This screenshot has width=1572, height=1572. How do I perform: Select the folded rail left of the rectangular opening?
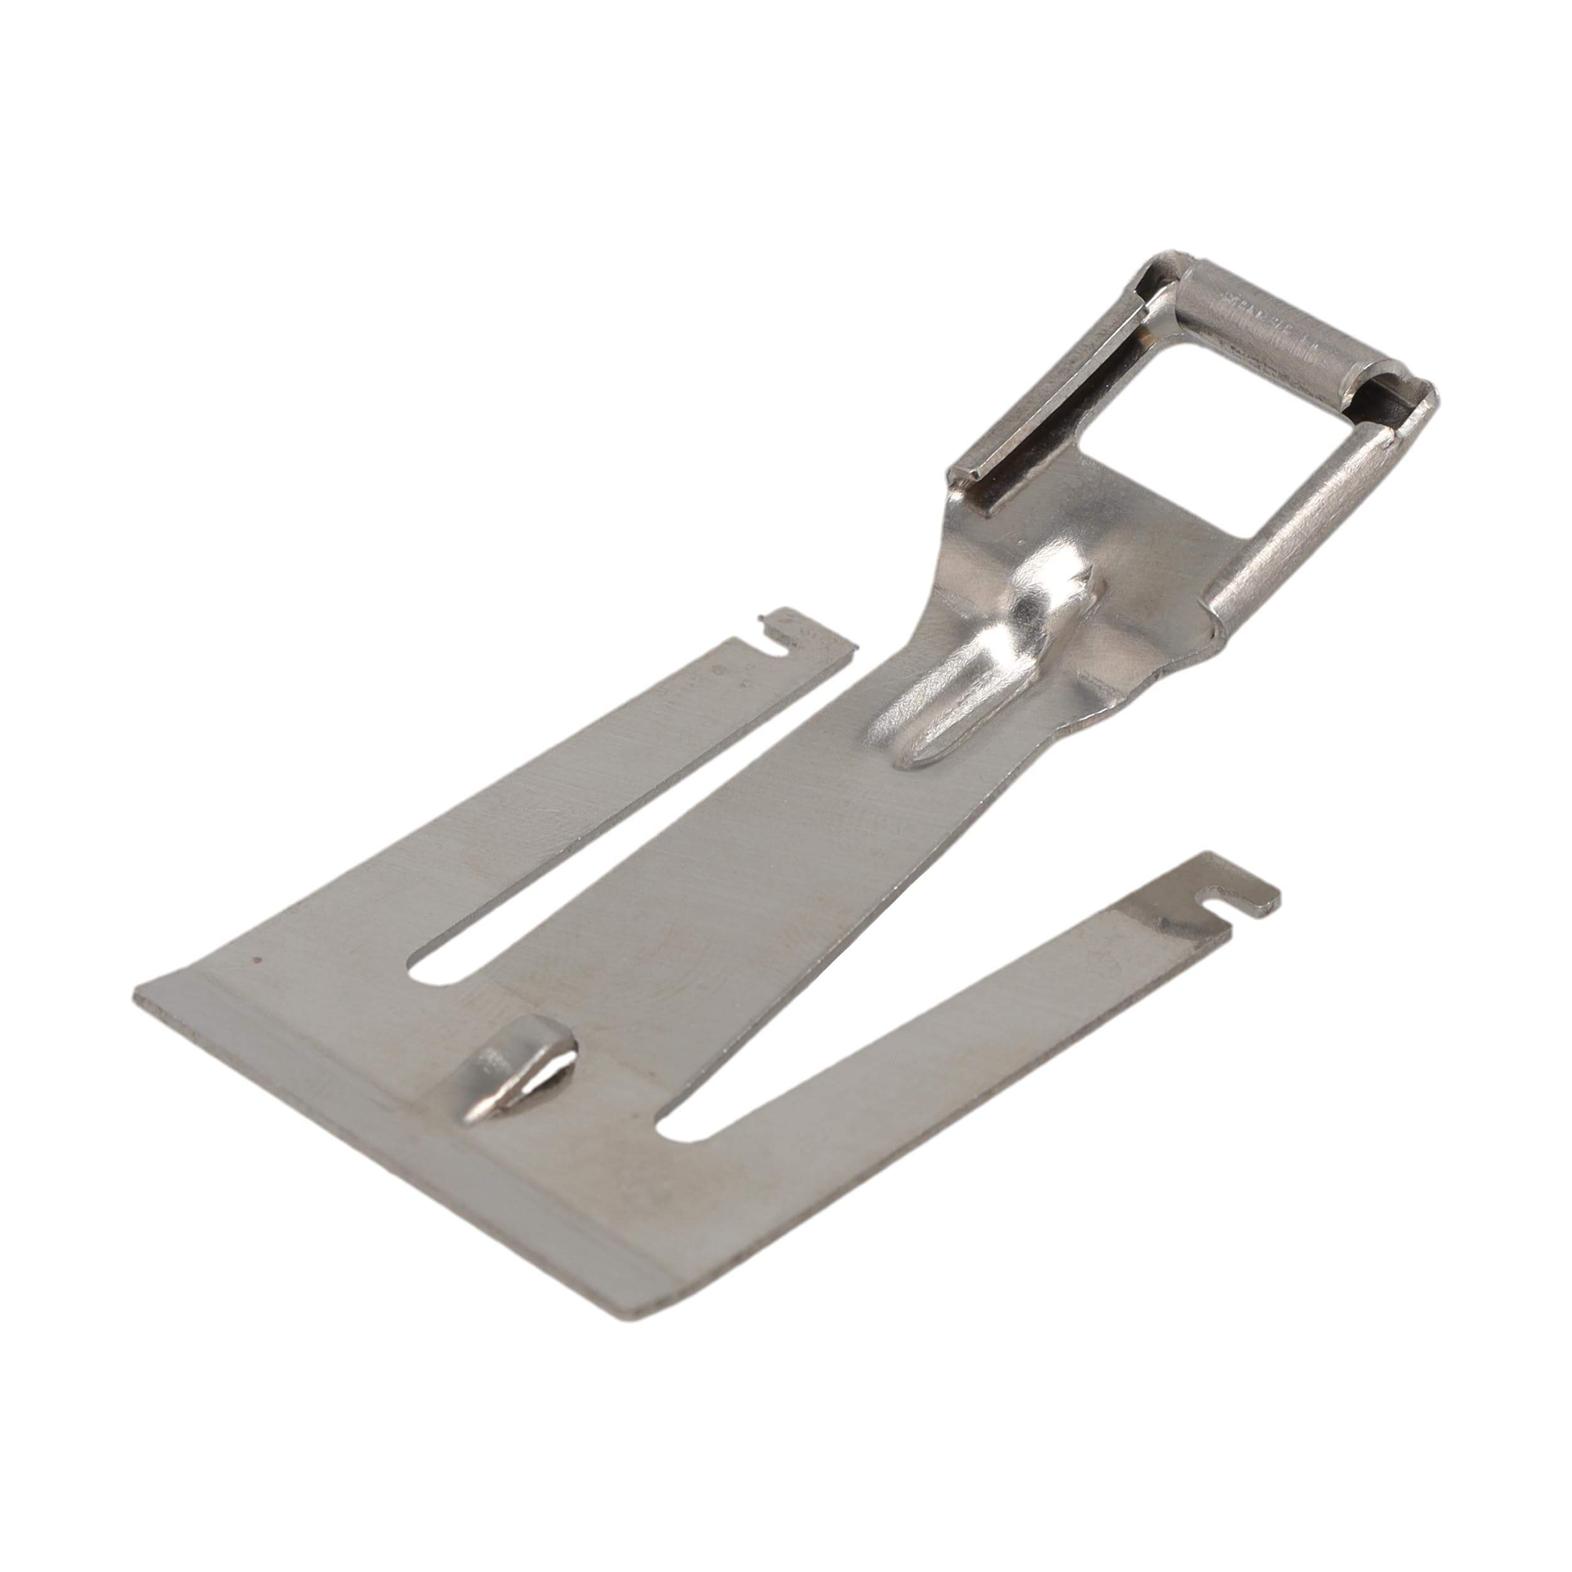(1058, 390)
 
